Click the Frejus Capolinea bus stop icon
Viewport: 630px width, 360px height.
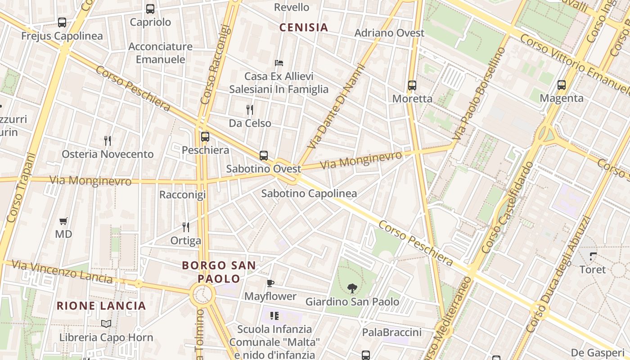click(62, 22)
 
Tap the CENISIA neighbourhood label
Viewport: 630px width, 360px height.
click(304, 27)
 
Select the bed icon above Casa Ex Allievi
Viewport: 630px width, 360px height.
click(279, 63)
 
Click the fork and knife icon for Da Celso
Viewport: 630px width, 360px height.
click(250, 109)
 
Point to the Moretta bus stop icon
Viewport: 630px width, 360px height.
click(412, 85)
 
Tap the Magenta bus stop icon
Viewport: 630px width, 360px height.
click(561, 85)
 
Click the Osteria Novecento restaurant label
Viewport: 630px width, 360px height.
click(108, 154)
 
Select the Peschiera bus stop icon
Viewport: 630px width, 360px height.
click(205, 136)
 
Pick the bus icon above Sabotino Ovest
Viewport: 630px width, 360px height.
click(264, 156)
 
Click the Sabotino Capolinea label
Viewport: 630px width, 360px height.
click(309, 194)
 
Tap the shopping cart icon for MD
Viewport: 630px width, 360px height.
click(63, 221)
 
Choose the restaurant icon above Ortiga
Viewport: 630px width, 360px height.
click(185, 227)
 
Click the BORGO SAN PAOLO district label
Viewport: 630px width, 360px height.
click(219, 272)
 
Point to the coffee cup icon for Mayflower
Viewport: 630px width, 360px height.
click(270, 283)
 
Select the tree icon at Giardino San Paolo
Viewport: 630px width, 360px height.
click(352, 288)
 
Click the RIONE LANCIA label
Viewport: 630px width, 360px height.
click(102, 306)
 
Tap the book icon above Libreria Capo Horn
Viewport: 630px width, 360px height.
click(106, 324)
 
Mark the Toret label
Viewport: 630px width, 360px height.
click(593, 270)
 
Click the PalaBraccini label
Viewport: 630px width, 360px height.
click(392, 333)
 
